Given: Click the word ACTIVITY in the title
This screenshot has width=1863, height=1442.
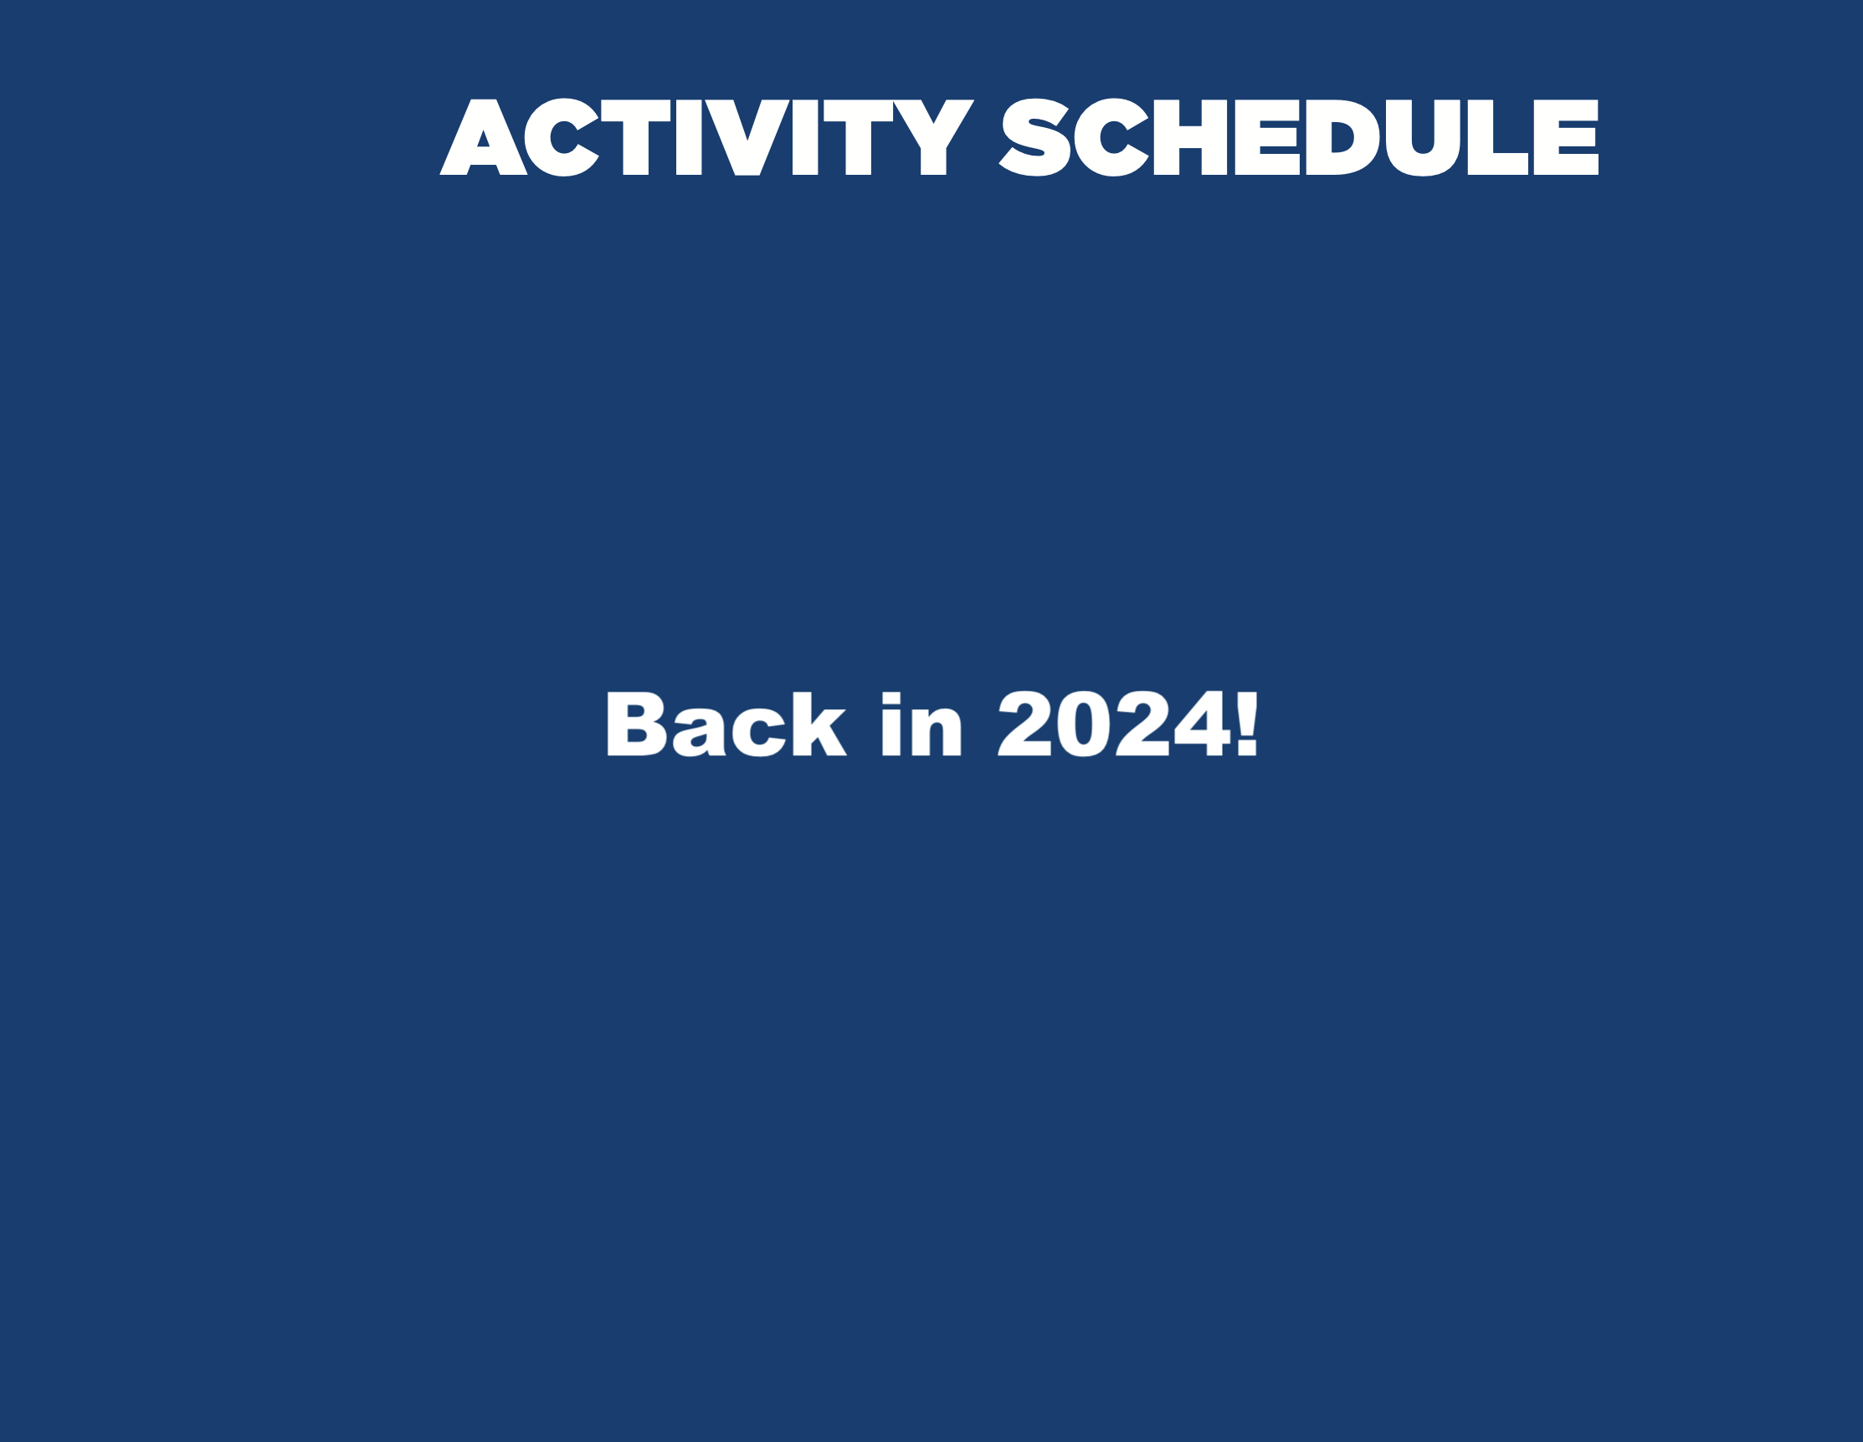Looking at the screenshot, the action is coord(706,137).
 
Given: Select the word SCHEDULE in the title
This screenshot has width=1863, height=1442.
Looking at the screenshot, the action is coord(1298,137).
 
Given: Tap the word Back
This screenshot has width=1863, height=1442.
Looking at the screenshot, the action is coord(726,724).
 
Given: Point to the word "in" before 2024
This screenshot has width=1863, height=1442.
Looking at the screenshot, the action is coord(921,724).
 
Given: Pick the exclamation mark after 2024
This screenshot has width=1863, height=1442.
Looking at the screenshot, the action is coord(1247,724).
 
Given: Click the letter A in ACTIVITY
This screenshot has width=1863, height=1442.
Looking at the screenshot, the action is coord(483,137).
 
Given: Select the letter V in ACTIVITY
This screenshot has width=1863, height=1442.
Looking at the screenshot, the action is coord(747,137).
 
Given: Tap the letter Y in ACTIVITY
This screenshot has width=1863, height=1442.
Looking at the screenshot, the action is coord(933,137).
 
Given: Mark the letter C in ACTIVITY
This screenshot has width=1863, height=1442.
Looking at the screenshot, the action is coord(562,137).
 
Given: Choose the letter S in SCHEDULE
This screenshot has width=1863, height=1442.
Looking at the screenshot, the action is coord(1034,137).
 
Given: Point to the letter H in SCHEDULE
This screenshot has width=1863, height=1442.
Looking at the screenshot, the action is coord(1190,137).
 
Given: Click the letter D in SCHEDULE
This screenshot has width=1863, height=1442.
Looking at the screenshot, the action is coord(1342,137).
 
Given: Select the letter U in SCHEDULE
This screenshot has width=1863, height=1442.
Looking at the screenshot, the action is coord(1423,138).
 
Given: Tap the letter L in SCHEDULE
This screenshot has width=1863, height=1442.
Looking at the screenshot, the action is coord(1498,137).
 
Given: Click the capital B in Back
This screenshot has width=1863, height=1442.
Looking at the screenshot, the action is coord(636,724).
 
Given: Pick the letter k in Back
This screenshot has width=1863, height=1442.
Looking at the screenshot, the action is coord(819,724).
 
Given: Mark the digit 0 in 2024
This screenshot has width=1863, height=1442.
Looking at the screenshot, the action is coord(1083,724).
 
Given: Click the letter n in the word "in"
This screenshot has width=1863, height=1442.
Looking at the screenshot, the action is coord(936,732).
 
